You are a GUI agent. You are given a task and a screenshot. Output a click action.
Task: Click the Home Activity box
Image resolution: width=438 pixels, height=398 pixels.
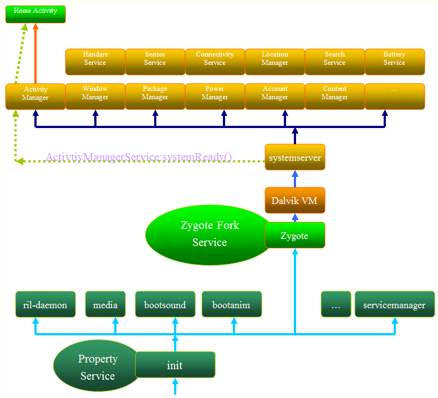click(x=35, y=14)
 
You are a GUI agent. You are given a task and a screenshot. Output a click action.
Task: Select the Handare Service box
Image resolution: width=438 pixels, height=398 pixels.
click(x=95, y=62)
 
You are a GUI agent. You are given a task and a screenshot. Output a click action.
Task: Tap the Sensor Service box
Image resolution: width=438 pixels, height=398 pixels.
click(x=155, y=62)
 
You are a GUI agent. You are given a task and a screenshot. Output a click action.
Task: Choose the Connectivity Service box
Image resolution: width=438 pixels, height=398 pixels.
click(x=215, y=62)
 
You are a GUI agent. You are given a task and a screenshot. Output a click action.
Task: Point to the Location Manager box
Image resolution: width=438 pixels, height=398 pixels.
click(x=275, y=62)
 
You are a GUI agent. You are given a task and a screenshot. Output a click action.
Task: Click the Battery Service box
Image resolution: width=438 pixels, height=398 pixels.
click(x=395, y=62)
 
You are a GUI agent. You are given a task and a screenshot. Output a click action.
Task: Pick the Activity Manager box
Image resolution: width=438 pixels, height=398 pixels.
click(x=35, y=96)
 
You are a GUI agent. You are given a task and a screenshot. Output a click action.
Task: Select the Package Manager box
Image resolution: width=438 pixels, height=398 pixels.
click(x=155, y=96)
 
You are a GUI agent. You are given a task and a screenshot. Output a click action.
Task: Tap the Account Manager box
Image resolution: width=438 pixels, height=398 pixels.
click(x=275, y=96)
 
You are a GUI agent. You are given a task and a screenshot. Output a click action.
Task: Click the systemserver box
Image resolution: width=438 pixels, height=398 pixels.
click(x=295, y=157)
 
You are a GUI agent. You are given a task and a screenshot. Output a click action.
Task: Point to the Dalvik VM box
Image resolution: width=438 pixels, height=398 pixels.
click(x=295, y=200)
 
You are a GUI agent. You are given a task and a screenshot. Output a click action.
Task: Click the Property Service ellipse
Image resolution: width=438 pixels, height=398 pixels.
click(x=96, y=366)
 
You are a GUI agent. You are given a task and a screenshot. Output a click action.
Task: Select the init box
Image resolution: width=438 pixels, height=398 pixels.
click(x=175, y=365)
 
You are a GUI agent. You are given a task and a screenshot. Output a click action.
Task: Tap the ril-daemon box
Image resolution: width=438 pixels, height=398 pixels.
click(x=45, y=304)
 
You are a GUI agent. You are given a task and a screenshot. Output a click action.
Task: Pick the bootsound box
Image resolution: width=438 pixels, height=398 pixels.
click(x=165, y=304)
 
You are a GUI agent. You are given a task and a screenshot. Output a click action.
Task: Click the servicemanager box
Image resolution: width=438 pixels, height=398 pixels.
click(x=395, y=304)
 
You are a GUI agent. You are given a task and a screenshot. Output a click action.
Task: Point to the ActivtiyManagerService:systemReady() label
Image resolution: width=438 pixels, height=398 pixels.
click(x=139, y=157)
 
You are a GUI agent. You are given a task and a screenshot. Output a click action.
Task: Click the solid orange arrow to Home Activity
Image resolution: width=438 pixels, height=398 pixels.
click(x=35, y=53)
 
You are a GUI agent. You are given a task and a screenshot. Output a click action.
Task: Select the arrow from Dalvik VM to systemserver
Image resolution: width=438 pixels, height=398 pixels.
click(x=295, y=178)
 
